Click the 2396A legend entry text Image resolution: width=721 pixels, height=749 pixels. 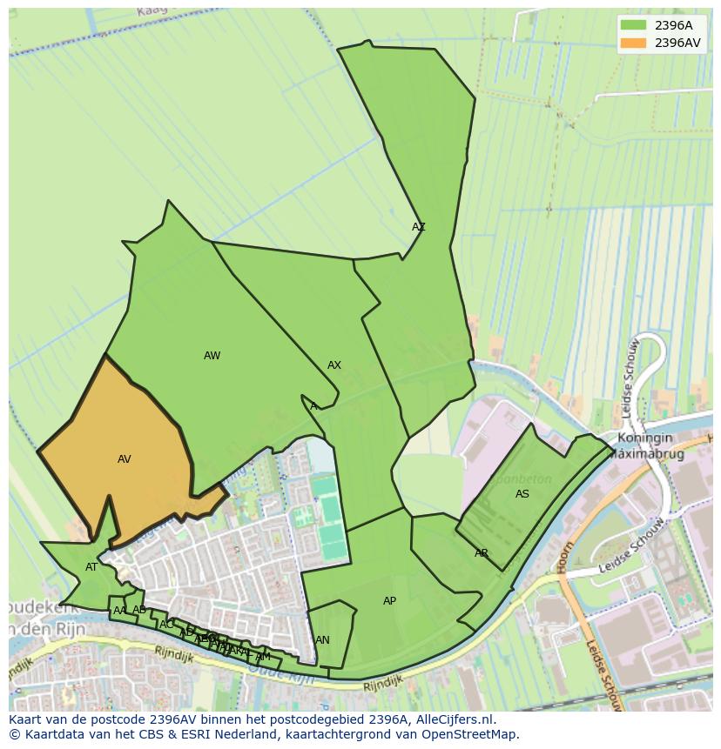coord(673,25)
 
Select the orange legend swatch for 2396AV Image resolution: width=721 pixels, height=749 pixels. coord(634,43)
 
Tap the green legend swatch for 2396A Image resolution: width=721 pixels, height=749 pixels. coord(634,25)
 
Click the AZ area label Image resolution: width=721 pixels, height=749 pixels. coord(419,227)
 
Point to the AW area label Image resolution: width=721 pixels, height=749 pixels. coord(212,356)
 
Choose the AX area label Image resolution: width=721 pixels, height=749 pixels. coord(334,365)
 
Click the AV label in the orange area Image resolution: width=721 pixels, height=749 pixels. coord(125,459)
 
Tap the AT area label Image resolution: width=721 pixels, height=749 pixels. coord(91,567)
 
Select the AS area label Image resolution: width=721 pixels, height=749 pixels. coord(522,494)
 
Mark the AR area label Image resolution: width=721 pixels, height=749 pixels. coord(482,553)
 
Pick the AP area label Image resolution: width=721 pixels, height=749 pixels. coord(389,601)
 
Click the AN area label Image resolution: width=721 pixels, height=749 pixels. coord(322,640)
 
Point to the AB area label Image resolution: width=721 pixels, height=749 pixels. coord(139,610)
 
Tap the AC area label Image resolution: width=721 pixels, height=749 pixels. coord(166,625)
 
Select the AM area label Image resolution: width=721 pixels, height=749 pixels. coord(263,657)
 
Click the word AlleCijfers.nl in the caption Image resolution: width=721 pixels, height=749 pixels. coord(453,719)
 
